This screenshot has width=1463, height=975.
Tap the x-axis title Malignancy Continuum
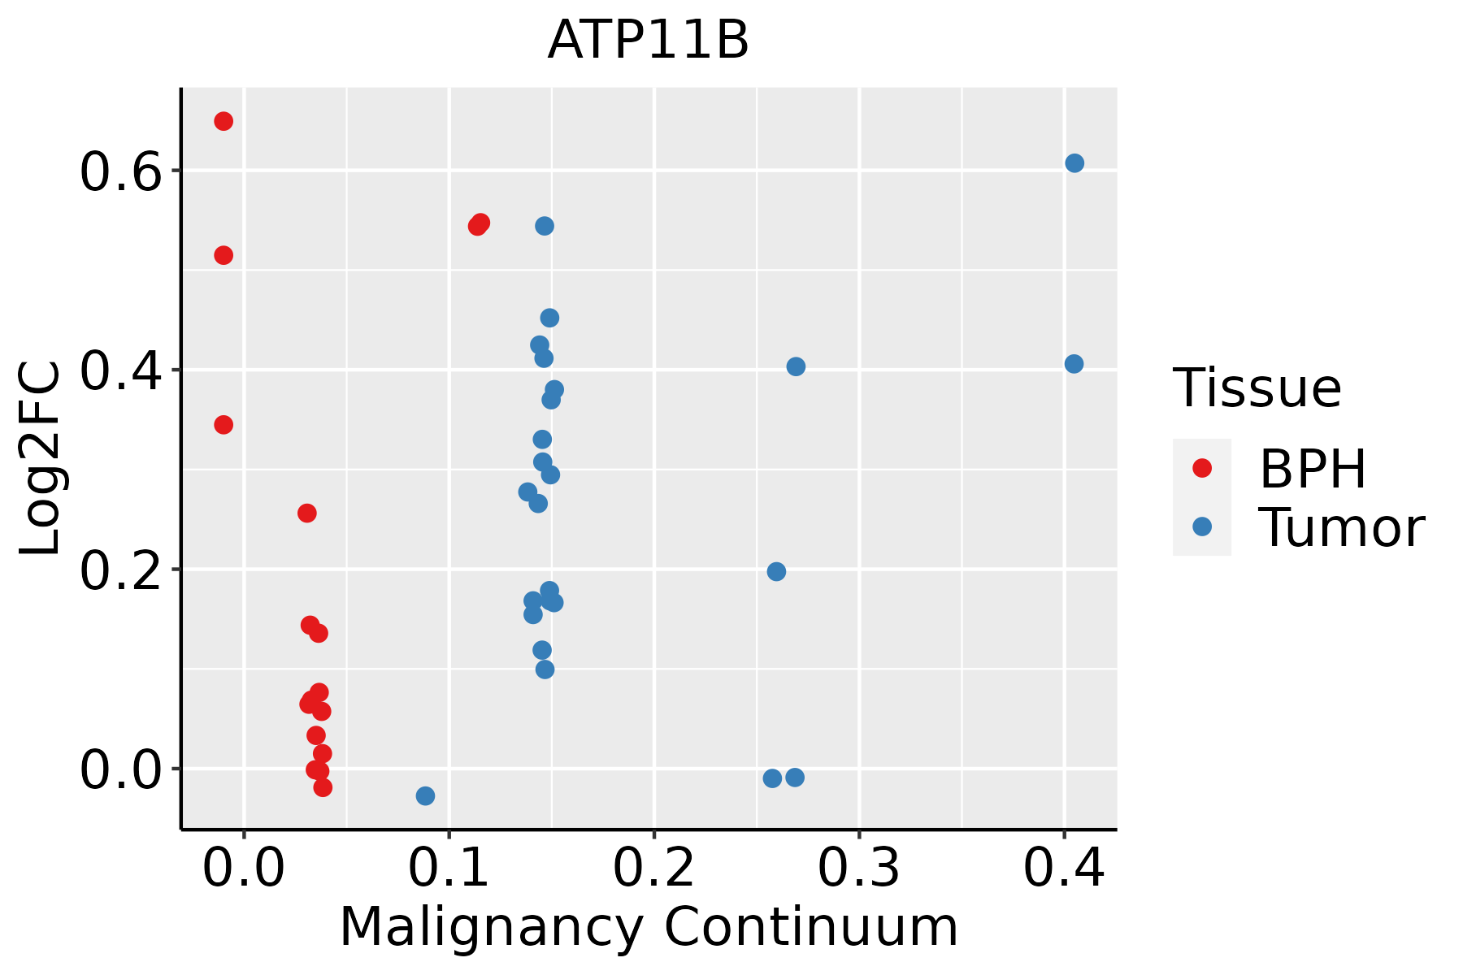[648, 927]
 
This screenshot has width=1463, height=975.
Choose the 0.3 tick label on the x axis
[858, 868]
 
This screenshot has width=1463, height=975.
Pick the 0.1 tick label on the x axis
[449, 868]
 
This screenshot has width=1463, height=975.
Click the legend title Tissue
[1257, 388]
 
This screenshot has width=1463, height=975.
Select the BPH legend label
[1312, 469]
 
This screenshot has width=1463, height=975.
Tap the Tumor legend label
[1341, 528]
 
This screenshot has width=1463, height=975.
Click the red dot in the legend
[1201, 468]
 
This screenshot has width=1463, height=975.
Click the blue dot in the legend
[1201, 526]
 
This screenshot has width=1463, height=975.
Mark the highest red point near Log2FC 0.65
[224, 121]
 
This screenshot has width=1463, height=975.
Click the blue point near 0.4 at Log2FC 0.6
[1074, 163]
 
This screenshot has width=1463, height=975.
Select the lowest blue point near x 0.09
[425, 795]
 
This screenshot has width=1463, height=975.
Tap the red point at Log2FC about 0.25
[306, 513]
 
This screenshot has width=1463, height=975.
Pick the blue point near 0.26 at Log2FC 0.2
[776, 571]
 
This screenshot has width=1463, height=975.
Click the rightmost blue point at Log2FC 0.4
[1074, 363]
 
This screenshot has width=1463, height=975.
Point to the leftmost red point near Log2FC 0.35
[224, 424]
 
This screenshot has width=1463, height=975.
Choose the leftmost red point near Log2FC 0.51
[224, 255]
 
